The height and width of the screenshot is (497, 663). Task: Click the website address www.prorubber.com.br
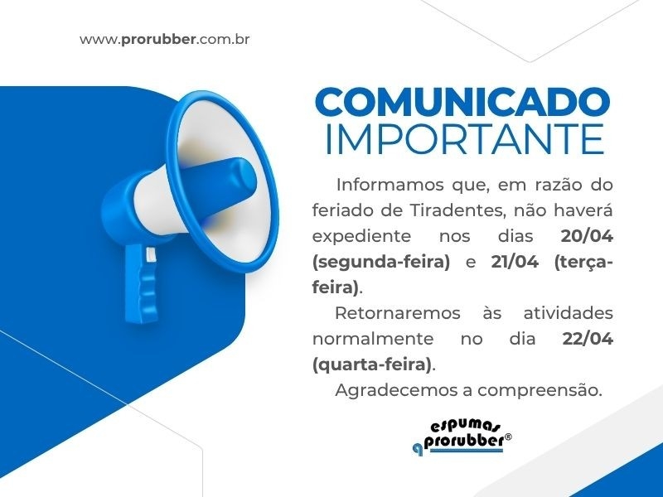click(x=165, y=39)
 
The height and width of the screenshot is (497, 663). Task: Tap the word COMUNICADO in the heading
click(x=462, y=103)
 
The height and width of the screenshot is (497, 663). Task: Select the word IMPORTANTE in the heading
click(x=463, y=138)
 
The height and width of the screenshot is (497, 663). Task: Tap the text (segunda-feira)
click(x=381, y=262)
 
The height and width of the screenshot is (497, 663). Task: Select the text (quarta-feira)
click(x=373, y=364)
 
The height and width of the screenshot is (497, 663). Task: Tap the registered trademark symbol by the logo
click(x=508, y=437)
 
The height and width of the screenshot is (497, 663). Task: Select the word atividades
click(x=568, y=313)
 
